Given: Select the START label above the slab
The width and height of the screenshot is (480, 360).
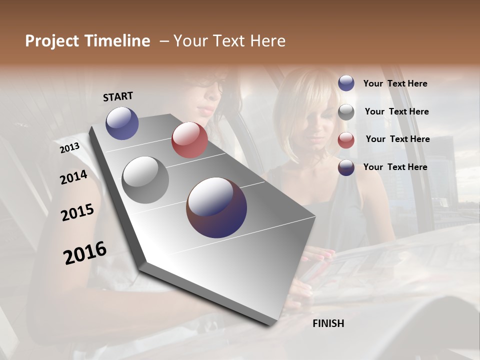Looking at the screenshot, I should (x=118, y=96).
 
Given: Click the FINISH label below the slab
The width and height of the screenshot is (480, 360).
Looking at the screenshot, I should (x=328, y=323).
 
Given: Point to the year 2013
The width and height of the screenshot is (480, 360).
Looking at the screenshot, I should (x=69, y=148).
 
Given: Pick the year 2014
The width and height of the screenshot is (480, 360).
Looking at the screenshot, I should (x=73, y=177).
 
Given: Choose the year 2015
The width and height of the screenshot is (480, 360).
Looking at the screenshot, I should (x=77, y=212).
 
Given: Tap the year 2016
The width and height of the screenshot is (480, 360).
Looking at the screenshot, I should (x=85, y=252).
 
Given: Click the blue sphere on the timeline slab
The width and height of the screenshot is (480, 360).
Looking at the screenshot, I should (x=122, y=123).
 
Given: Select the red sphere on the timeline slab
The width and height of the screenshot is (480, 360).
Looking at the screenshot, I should (x=189, y=140).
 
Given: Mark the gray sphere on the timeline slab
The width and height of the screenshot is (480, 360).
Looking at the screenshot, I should (x=145, y=179).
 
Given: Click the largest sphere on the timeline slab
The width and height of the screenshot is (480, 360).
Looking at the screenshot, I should (x=216, y=207).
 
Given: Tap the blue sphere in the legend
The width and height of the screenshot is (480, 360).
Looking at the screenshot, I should (x=346, y=83).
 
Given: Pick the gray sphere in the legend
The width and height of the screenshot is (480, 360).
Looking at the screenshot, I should (x=346, y=111).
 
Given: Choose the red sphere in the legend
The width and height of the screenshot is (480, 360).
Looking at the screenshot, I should (x=346, y=139).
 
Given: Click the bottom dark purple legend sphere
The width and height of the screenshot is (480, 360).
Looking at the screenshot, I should (x=346, y=167).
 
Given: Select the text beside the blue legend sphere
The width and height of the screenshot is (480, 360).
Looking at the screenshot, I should (x=395, y=83).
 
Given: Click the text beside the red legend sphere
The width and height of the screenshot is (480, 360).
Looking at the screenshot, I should (x=397, y=139).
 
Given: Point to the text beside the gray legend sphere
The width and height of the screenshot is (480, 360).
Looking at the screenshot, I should (x=396, y=111).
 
